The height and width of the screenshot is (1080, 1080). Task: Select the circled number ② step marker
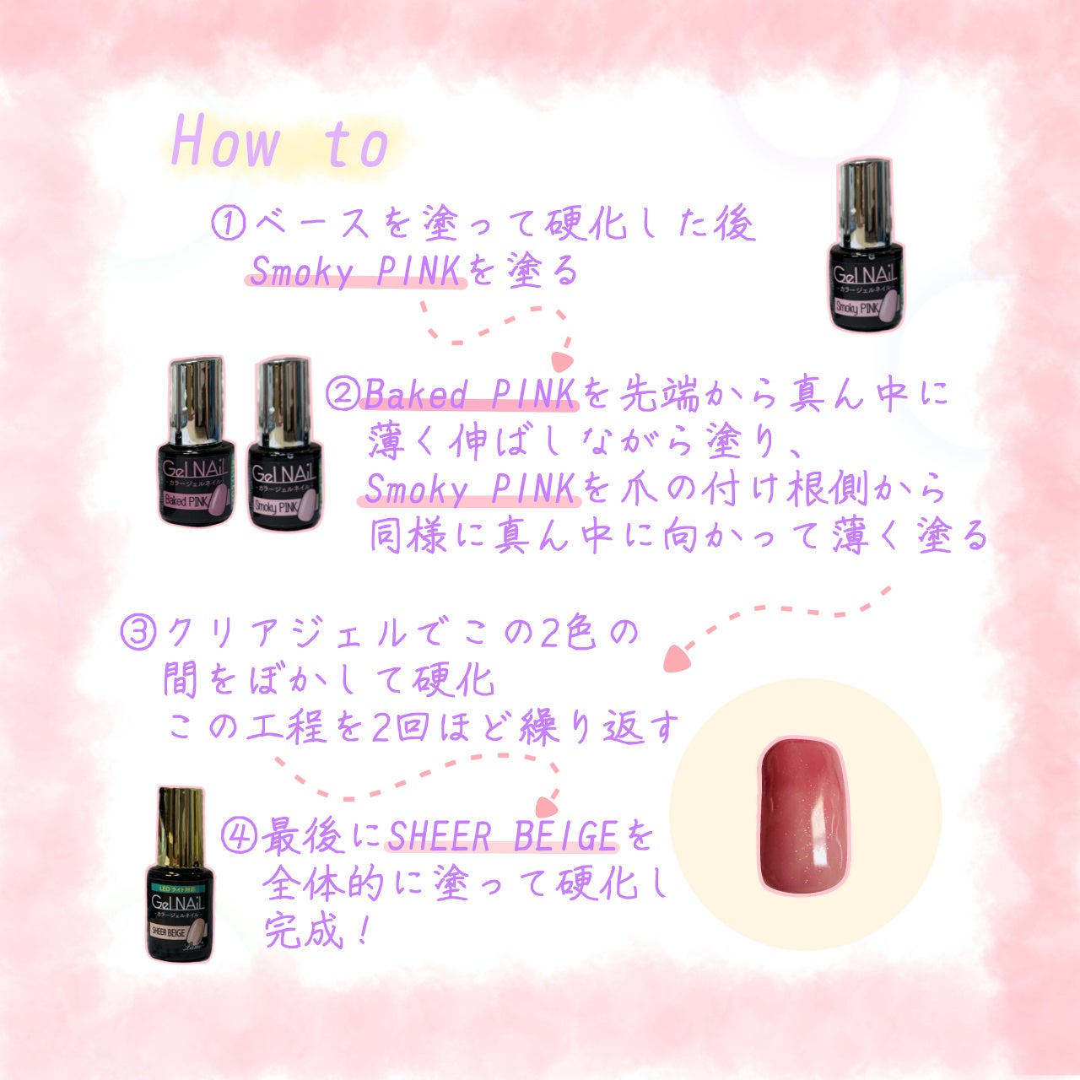coord(343,394)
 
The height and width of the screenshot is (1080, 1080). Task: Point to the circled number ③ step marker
coord(138,634)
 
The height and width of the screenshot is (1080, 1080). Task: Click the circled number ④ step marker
coord(239,835)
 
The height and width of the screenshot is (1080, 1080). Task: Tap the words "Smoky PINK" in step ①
coord(355,271)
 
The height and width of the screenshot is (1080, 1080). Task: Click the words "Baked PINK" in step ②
coord(470,394)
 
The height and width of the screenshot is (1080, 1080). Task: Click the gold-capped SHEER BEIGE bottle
coord(181,875)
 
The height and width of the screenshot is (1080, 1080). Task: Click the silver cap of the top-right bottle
coord(864,205)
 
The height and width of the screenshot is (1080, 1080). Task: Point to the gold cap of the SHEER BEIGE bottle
coord(181,828)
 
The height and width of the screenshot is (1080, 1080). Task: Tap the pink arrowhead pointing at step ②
coord(562,361)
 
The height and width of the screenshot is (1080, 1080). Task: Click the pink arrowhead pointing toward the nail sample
coord(677,659)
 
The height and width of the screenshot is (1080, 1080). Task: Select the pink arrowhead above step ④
coord(547,807)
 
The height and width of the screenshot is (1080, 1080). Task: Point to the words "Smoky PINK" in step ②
coord(470,489)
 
